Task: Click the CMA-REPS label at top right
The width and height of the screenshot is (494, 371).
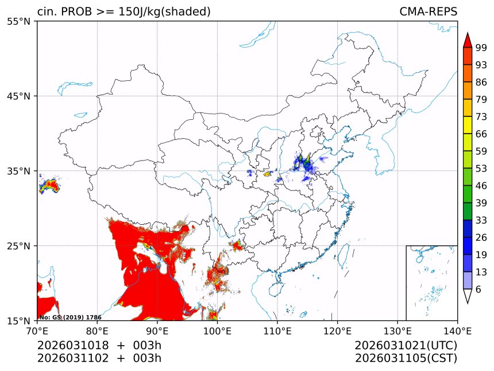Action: [428, 11]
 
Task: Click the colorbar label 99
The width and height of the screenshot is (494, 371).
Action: [481, 48]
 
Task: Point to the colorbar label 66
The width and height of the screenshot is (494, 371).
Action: [481, 134]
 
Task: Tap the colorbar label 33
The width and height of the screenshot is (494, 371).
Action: [481, 220]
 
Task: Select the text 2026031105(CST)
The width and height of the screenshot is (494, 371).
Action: [406, 358]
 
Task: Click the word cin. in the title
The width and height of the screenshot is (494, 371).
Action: [47, 11]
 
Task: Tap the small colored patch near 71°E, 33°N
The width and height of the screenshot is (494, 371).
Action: [49, 185]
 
